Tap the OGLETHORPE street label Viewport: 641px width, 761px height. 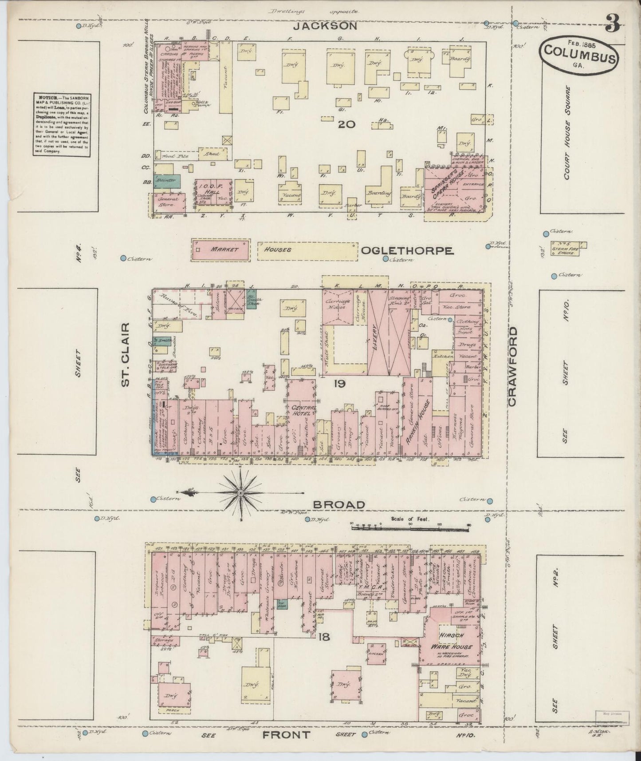[407, 251]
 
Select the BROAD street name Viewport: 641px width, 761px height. [345, 504]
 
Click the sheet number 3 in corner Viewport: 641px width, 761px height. [612, 24]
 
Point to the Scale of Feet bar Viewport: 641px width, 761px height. [410, 527]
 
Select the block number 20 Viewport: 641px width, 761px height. [346, 124]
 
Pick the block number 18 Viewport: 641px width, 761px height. [324, 637]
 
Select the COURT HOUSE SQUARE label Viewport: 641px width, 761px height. [567, 133]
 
